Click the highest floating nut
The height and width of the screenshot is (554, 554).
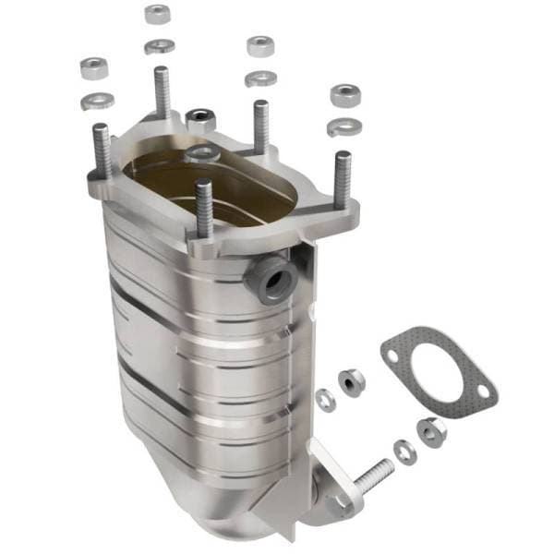[x=158, y=14]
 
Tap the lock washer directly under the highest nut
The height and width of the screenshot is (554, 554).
[x=159, y=45]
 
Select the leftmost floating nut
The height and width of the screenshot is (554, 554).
[x=94, y=67]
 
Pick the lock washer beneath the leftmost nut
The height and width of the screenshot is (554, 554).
[x=97, y=100]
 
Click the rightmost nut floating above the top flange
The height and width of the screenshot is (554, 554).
[x=345, y=94]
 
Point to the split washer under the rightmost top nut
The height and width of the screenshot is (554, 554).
[x=344, y=126]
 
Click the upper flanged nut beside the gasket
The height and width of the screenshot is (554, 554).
[x=351, y=380]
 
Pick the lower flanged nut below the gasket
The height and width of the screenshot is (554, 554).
[x=430, y=430]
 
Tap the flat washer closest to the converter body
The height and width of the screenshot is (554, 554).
[x=325, y=399]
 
